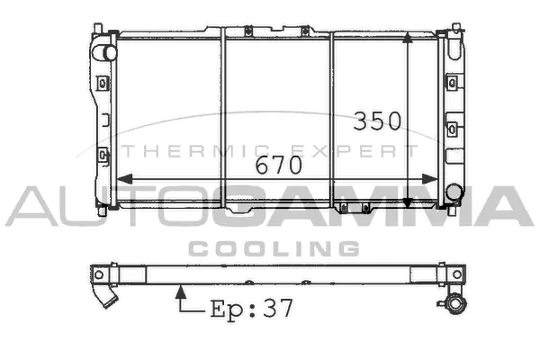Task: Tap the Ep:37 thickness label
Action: [251, 309]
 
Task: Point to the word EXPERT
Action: [365, 150]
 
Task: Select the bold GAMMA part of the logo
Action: [378, 207]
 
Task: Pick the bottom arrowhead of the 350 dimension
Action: [409, 202]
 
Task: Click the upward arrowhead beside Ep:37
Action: [180, 291]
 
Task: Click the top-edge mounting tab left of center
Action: [243, 32]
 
